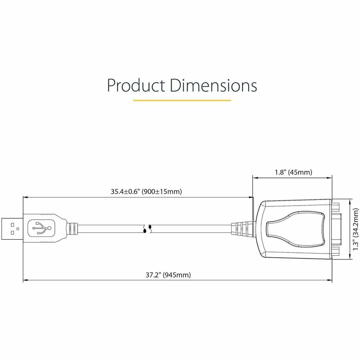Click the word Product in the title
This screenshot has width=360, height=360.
click(136, 85)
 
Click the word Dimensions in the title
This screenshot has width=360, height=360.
click(213, 85)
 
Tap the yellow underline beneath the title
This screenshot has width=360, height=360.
click(182, 100)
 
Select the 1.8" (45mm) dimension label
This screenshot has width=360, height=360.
click(293, 172)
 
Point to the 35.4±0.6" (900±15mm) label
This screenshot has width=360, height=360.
click(146, 192)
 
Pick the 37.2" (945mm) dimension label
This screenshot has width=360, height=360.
click(168, 275)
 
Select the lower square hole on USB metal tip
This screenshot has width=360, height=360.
click(12, 233)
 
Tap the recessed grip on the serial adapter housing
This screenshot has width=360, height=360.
click(295, 228)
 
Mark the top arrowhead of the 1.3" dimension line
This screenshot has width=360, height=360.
click(351, 201)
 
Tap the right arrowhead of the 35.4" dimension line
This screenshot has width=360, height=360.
click(252, 197)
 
